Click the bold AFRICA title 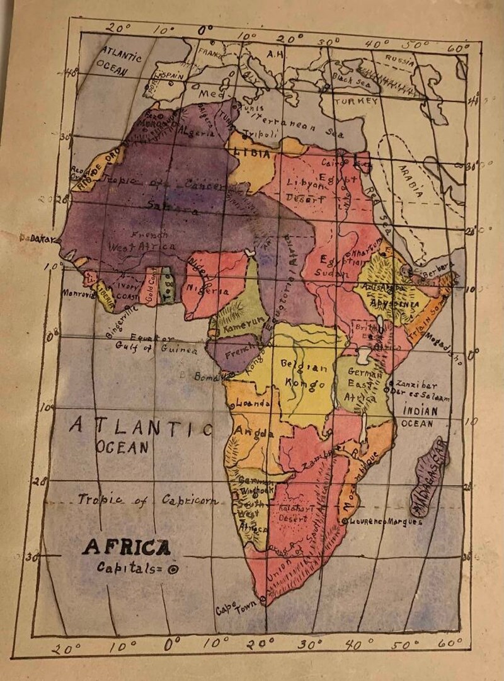[x=126, y=547]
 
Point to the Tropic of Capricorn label [x=148, y=500]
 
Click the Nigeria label [x=207, y=292]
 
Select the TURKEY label [x=356, y=101]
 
